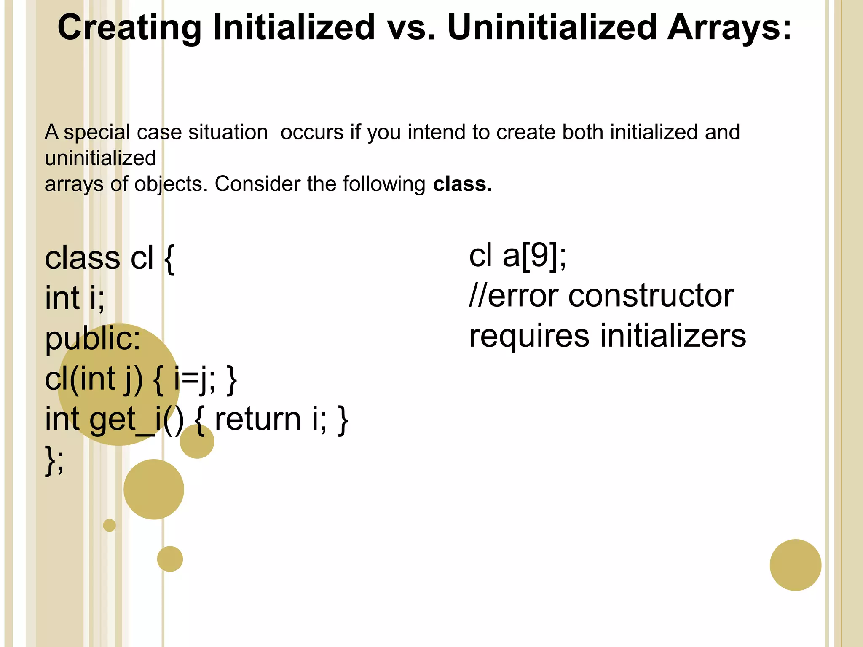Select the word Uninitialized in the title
pyautogui.click(x=552, y=28)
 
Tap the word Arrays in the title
pyautogui.click(x=729, y=28)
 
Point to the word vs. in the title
pyautogui.click(x=411, y=28)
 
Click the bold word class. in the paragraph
pyautogui.click(x=463, y=184)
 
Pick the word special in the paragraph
pyautogui.click(x=96, y=132)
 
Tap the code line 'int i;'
pyautogui.click(x=75, y=298)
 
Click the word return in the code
pyautogui.click(x=257, y=419)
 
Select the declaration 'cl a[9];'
pyautogui.click(x=517, y=256)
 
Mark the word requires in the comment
pyautogui.click(x=529, y=336)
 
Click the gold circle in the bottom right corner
pyautogui.click(x=795, y=565)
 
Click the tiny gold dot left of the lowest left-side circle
pyautogui.click(x=109, y=525)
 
